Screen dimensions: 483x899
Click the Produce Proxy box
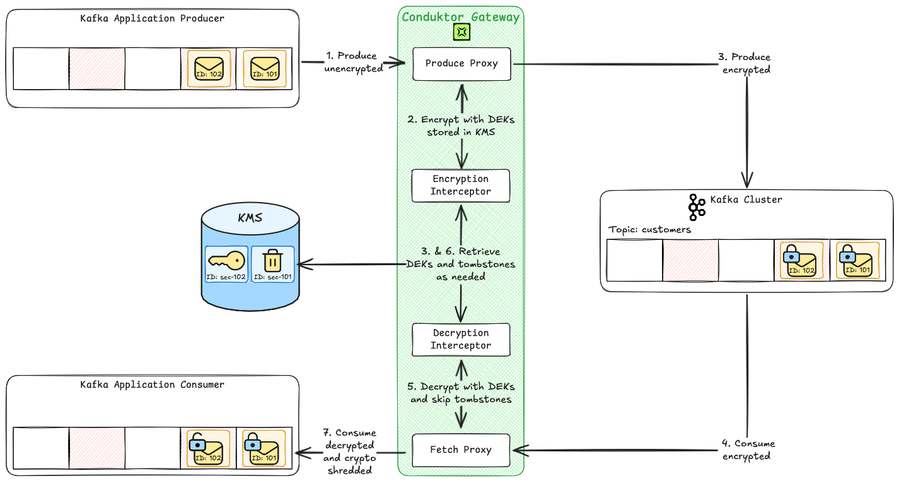point(461,63)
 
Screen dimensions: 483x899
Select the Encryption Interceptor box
point(460,185)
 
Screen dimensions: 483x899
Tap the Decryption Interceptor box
point(460,339)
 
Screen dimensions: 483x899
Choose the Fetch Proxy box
point(460,450)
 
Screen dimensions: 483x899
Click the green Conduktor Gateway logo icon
point(461,31)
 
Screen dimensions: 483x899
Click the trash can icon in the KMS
point(272,259)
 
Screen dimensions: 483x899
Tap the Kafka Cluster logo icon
point(696,206)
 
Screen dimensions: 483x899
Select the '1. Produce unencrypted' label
point(354,63)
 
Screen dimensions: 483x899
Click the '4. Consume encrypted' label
point(748,450)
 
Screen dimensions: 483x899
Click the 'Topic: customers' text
point(649,230)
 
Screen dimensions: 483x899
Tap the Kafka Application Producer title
point(152,18)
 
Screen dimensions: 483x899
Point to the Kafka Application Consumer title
point(152,385)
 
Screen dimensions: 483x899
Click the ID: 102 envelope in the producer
point(209,69)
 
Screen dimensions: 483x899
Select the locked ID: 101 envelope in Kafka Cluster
point(857,261)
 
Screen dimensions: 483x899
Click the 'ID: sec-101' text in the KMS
point(273,277)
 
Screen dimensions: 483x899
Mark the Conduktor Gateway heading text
point(461,17)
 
